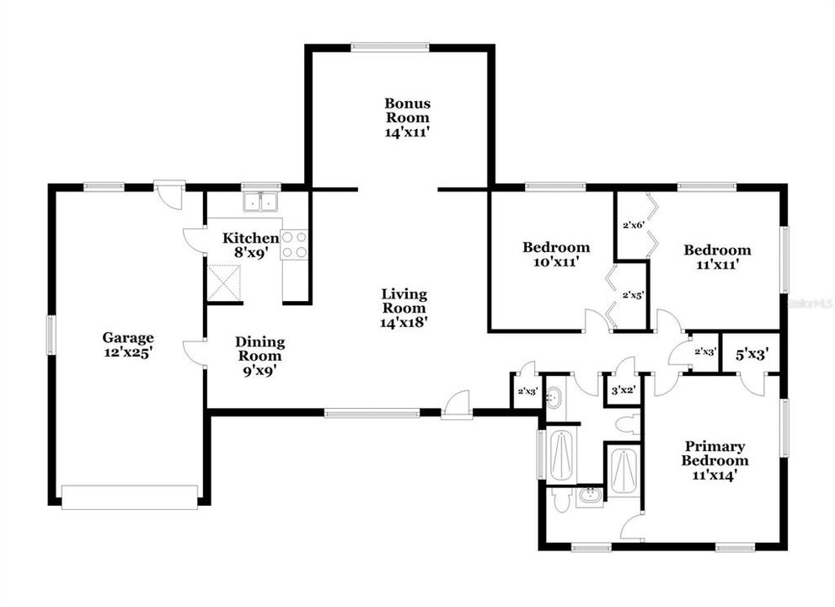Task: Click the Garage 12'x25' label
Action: click(x=128, y=346)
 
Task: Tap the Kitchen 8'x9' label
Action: click(x=250, y=245)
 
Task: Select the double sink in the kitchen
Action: click(x=260, y=202)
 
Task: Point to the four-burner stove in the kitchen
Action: click(x=295, y=244)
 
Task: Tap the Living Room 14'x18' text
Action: click(x=404, y=308)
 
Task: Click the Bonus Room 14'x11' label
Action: click(x=407, y=117)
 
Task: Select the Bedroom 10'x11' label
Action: click(x=555, y=255)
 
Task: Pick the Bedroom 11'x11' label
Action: click(x=716, y=257)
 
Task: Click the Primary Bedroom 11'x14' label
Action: click(x=715, y=461)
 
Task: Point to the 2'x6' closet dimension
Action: click(x=633, y=225)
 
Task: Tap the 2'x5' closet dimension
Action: click(x=633, y=296)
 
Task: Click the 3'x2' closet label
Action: click(x=621, y=389)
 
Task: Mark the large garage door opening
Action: click(x=130, y=497)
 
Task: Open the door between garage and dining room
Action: click(x=195, y=352)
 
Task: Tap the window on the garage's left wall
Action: click(x=50, y=335)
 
